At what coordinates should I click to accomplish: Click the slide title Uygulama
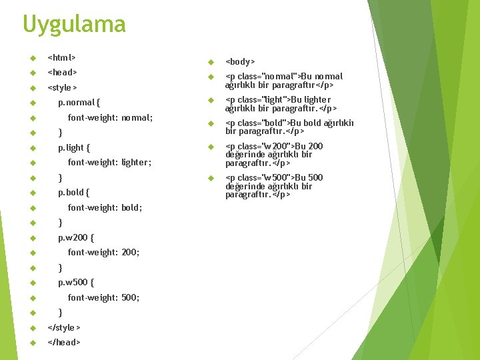click(x=74, y=25)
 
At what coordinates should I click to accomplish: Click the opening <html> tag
click(x=62, y=57)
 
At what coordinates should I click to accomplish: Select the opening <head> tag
click(x=63, y=72)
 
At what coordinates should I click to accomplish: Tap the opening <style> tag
click(x=63, y=87)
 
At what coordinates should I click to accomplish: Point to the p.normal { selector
click(x=79, y=103)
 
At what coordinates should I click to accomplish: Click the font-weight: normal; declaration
click(x=110, y=117)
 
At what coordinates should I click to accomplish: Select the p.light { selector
click(x=73, y=147)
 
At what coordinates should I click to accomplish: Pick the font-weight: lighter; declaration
click(x=109, y=162)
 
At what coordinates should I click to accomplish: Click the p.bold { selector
click(x=73, y=193)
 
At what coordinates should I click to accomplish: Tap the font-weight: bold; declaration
click(x=105, y=207)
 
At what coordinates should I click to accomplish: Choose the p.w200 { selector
click(x=75, y=237)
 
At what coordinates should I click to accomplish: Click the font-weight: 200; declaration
click(x=103, y=252)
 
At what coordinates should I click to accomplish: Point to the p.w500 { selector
click(x=75, y=282)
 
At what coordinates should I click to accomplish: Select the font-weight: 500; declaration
click(x=103, y=297)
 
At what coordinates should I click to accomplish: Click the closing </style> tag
click(x=65, y=327)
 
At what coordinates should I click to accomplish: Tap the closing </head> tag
click(x=64, y=342)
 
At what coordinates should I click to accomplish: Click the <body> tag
click(x=240, y=61)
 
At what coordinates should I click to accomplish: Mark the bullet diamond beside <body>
click(x=210, y=61)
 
